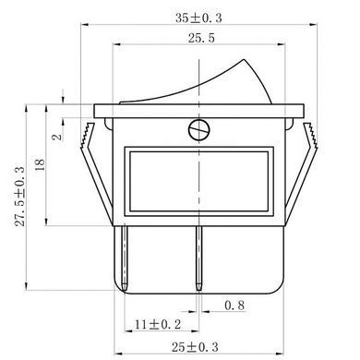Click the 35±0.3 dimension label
pos(198,18)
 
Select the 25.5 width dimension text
pos(201,39)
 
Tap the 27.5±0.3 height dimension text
pos(20,197)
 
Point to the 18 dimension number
pos(40,165)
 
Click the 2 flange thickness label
pos(57,137)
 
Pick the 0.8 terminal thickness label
pos(234,306)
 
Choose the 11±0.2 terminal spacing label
pos(158,324)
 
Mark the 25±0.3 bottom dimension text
pos(195,347)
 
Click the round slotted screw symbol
pos(199,130)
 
